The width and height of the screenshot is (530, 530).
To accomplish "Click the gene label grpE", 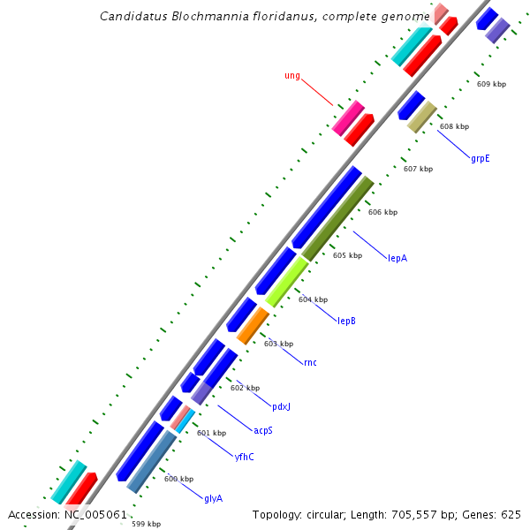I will (x=481, y=159).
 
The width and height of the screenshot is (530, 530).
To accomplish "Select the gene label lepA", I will (x=397, y=258).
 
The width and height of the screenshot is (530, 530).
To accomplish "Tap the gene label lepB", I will (x=346, y=321).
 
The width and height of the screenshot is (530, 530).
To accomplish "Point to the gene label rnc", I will (x=309, y=362).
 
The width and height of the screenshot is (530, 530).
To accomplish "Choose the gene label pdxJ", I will (x=281, y=406).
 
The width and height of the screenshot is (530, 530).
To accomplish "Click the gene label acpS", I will (x=263, y=430).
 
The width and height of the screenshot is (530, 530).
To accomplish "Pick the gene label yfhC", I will (x=245, y=457).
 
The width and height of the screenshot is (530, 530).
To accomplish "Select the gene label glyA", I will (x=213, y=498).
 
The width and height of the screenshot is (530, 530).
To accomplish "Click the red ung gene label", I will (x=292, y=76).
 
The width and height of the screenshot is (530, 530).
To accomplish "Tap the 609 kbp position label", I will (x=491, y=84).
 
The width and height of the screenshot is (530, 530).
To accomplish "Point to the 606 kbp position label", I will (x=382, y=212).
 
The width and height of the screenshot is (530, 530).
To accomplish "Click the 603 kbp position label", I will (x=278, y=344).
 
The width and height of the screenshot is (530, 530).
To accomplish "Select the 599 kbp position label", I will (x=146, y=524).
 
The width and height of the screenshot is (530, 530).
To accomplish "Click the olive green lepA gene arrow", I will (x=337, y=218).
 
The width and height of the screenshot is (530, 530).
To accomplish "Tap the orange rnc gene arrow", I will (x=253, y=325).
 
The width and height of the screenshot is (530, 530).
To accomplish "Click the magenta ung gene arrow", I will (x=348, y=117).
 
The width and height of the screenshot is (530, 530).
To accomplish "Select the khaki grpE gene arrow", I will (x=422, y=117).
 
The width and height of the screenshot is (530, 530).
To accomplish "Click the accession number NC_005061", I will (x=95, y=514).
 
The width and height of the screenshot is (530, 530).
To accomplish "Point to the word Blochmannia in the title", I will (x=210, y=16).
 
